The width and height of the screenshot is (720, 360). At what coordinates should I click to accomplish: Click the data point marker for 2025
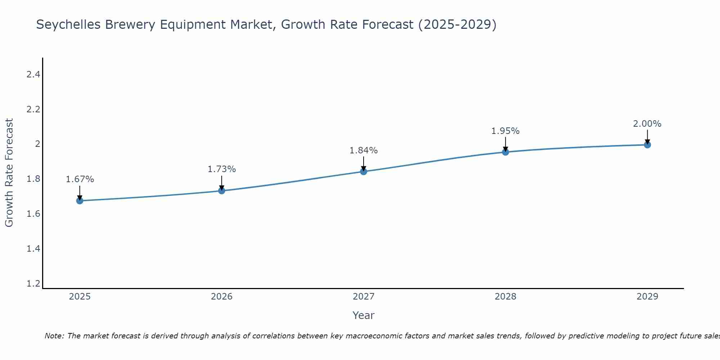[x=80, y=201]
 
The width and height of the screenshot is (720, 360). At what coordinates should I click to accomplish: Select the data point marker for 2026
[x=221, y=190]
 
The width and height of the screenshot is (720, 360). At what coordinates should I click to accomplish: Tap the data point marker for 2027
[x=363, y=171]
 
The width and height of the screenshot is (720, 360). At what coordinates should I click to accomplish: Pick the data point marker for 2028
[x=505, y=152]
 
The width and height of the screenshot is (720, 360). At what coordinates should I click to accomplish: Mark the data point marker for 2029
[x=647, y=145]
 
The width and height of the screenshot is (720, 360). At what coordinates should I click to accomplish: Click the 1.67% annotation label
[x=80, y=179]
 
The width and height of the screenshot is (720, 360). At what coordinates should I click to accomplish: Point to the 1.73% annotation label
[x=221, y=169]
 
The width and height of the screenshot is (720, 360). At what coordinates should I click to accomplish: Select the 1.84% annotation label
[x=363, y=150]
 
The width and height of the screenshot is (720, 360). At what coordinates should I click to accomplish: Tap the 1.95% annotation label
[x=505, y=131]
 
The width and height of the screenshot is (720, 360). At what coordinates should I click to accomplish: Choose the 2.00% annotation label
[x=647, y=124]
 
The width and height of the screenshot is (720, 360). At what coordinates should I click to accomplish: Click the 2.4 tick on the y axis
[x=33, y=75]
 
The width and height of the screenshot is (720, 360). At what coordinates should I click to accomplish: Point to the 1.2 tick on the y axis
[x=33, y=284]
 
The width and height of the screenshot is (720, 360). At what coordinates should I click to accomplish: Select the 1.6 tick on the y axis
[x=33, y=214]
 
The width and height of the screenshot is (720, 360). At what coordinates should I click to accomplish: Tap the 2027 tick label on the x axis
[x=363, y=297]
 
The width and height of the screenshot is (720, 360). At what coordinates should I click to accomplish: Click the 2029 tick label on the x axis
[x=647, y=297]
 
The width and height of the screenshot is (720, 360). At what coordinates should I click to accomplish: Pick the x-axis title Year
[x=363, y=315]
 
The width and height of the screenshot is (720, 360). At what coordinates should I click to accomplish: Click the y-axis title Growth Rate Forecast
[x=9, y=173]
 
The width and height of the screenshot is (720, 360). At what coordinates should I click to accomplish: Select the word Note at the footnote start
[x=54, y=336]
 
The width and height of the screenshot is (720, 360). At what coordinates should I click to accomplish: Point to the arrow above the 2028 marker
[x=505, y=144]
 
